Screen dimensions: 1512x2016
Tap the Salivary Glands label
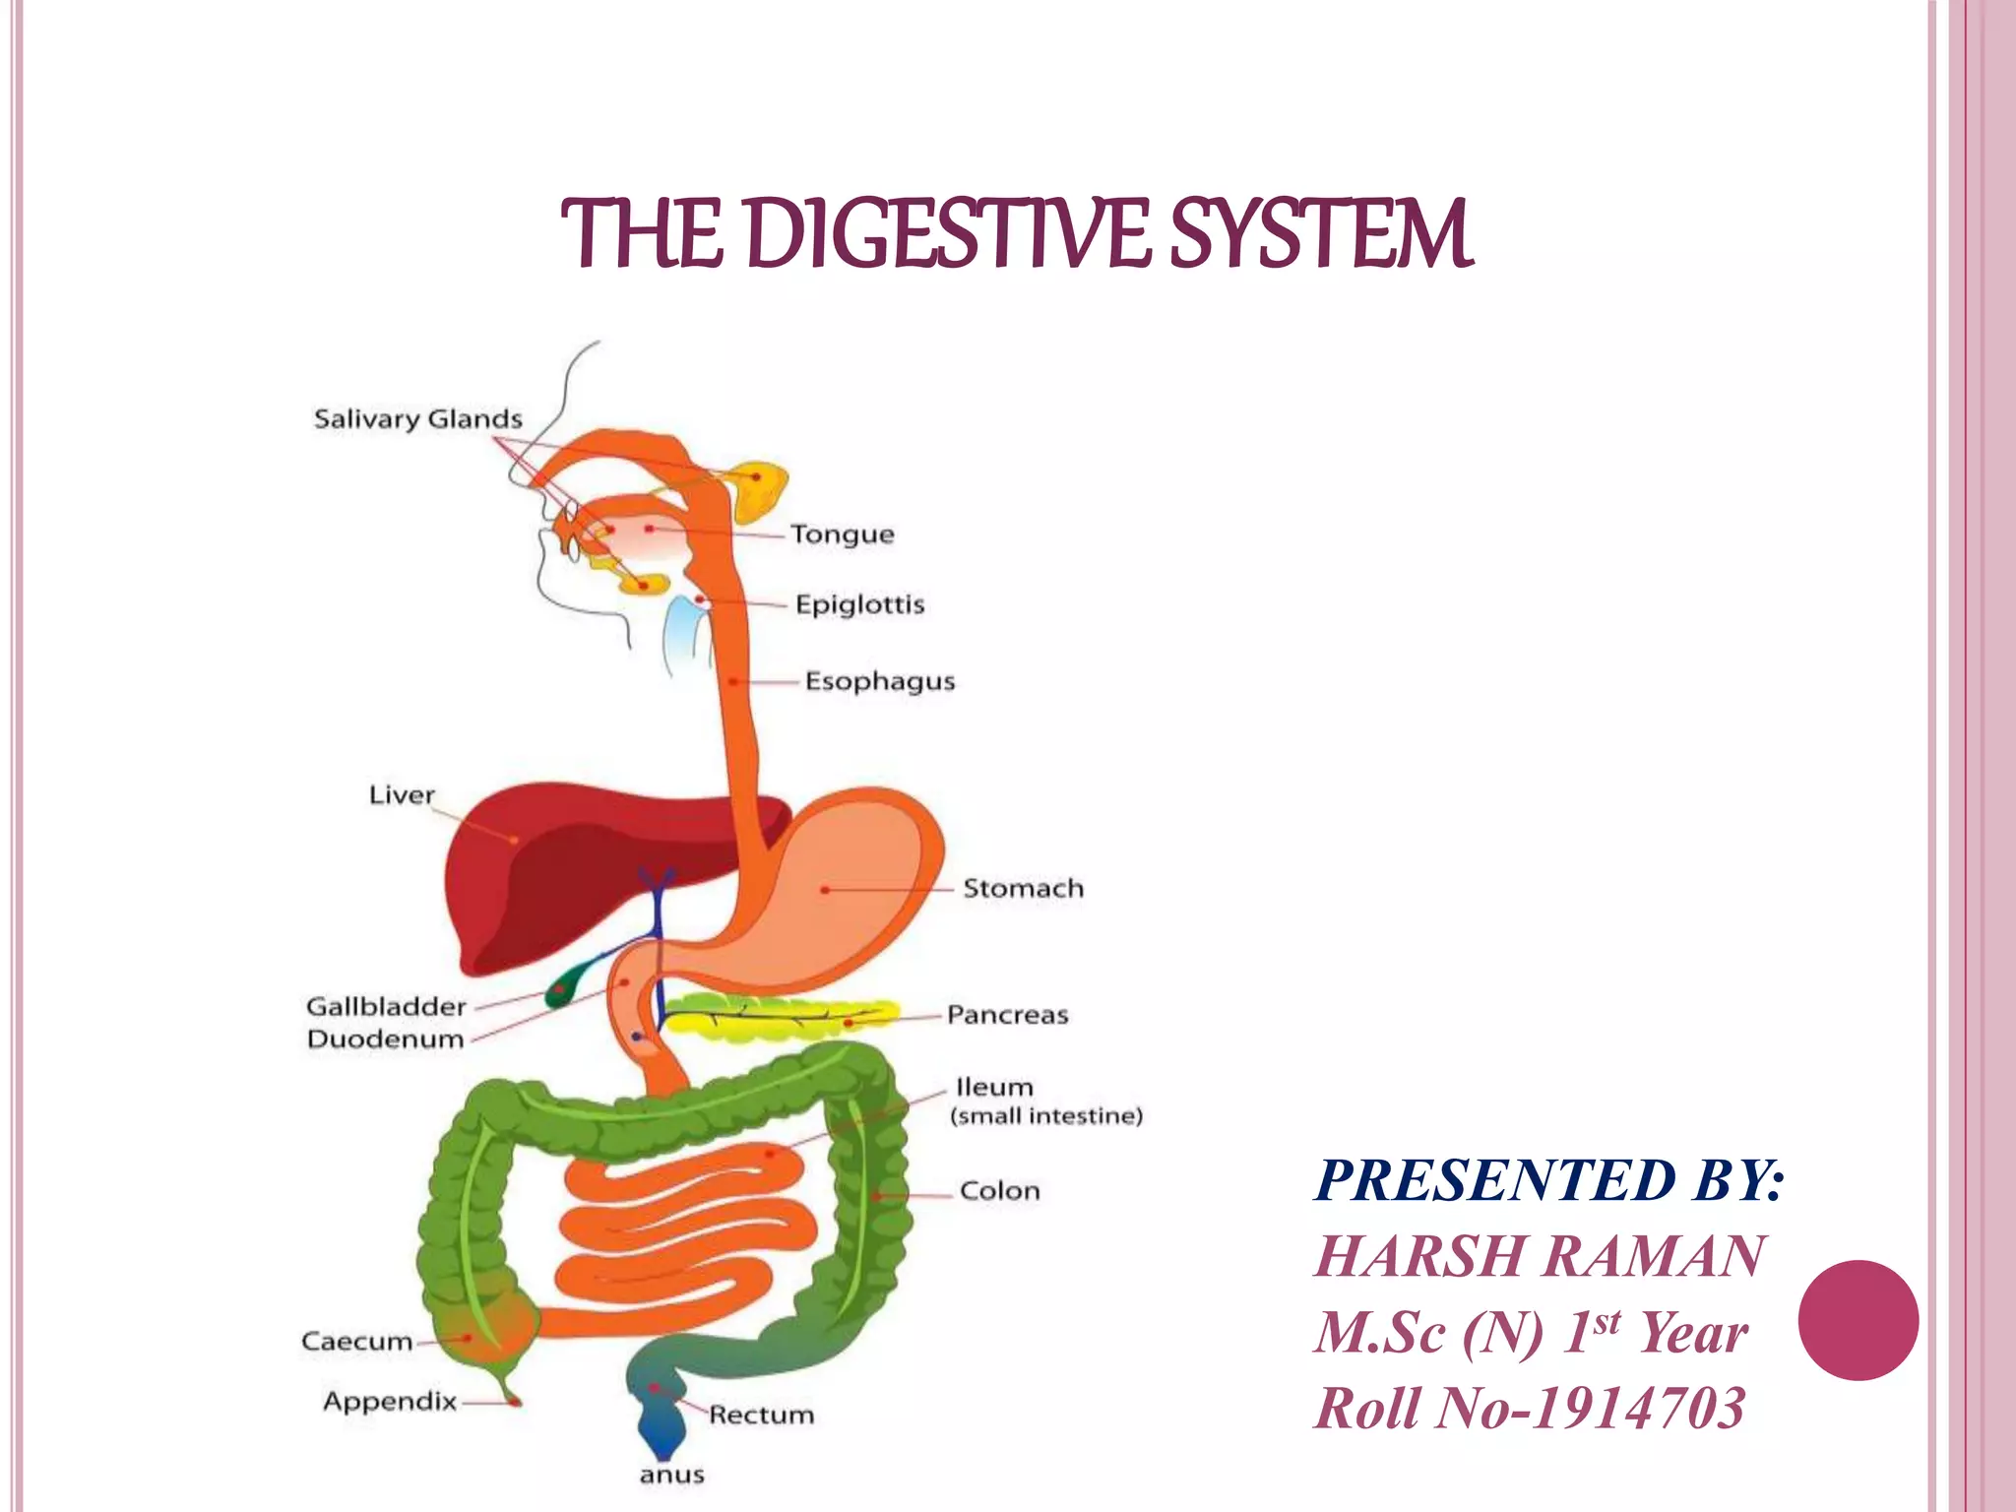click(417, 419)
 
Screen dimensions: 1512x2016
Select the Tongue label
click(843, 535)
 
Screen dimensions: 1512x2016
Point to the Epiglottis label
click(859, 604)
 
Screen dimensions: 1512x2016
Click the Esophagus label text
click(880, 681)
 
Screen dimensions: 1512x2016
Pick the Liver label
click(402, 794)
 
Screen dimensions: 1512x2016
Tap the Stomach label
click(1023, 888)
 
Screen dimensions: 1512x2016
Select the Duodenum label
click(385, 1039)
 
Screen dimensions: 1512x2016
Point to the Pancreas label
click(1007, 1015)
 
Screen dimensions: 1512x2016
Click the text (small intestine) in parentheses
click(1046, 1116)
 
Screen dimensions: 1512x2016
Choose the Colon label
click(999, 1191)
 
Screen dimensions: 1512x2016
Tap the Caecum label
click(356, 1342)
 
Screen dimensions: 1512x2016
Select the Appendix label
click(390, 1401)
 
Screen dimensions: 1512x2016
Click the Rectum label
click(762, 1415)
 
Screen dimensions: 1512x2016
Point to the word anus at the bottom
click(671, 1475)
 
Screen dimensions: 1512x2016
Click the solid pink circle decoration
click(1858, 1320)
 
